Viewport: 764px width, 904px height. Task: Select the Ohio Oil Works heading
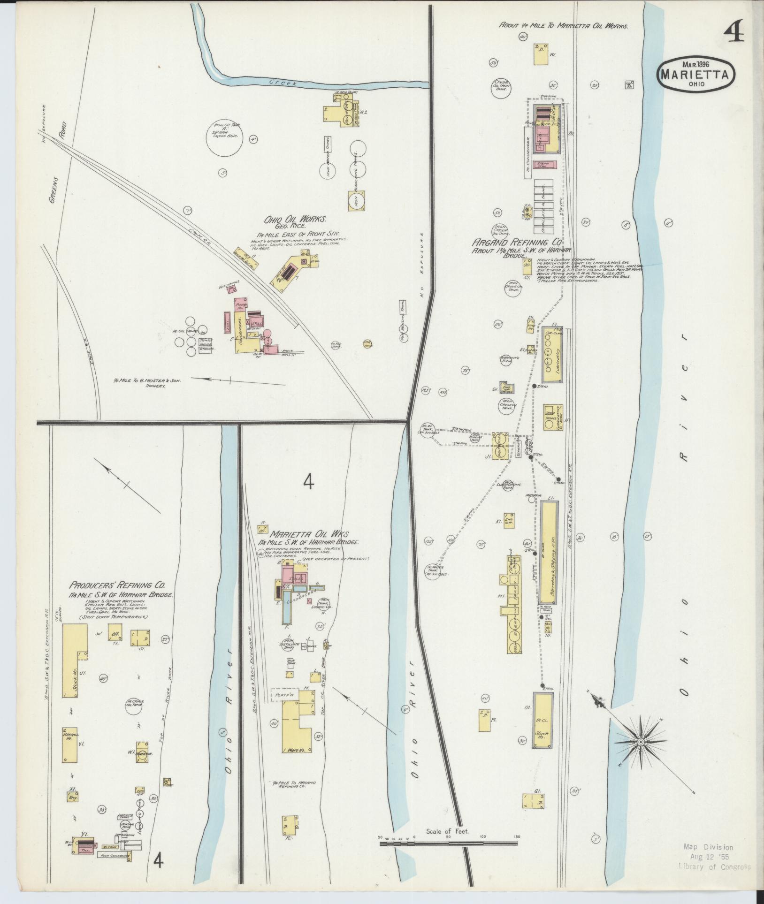pyautogui.click(x=295, y=220)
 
